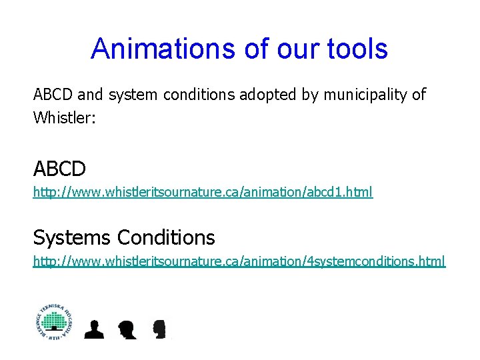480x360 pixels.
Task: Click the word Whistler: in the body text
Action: (65, 118)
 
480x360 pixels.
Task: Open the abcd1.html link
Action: (203, 193)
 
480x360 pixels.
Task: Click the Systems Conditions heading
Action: (124, 237)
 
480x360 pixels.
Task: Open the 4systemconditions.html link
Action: (239, 261)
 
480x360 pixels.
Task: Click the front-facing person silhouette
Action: (95, 329)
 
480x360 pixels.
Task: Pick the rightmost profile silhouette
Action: (159, 329)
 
